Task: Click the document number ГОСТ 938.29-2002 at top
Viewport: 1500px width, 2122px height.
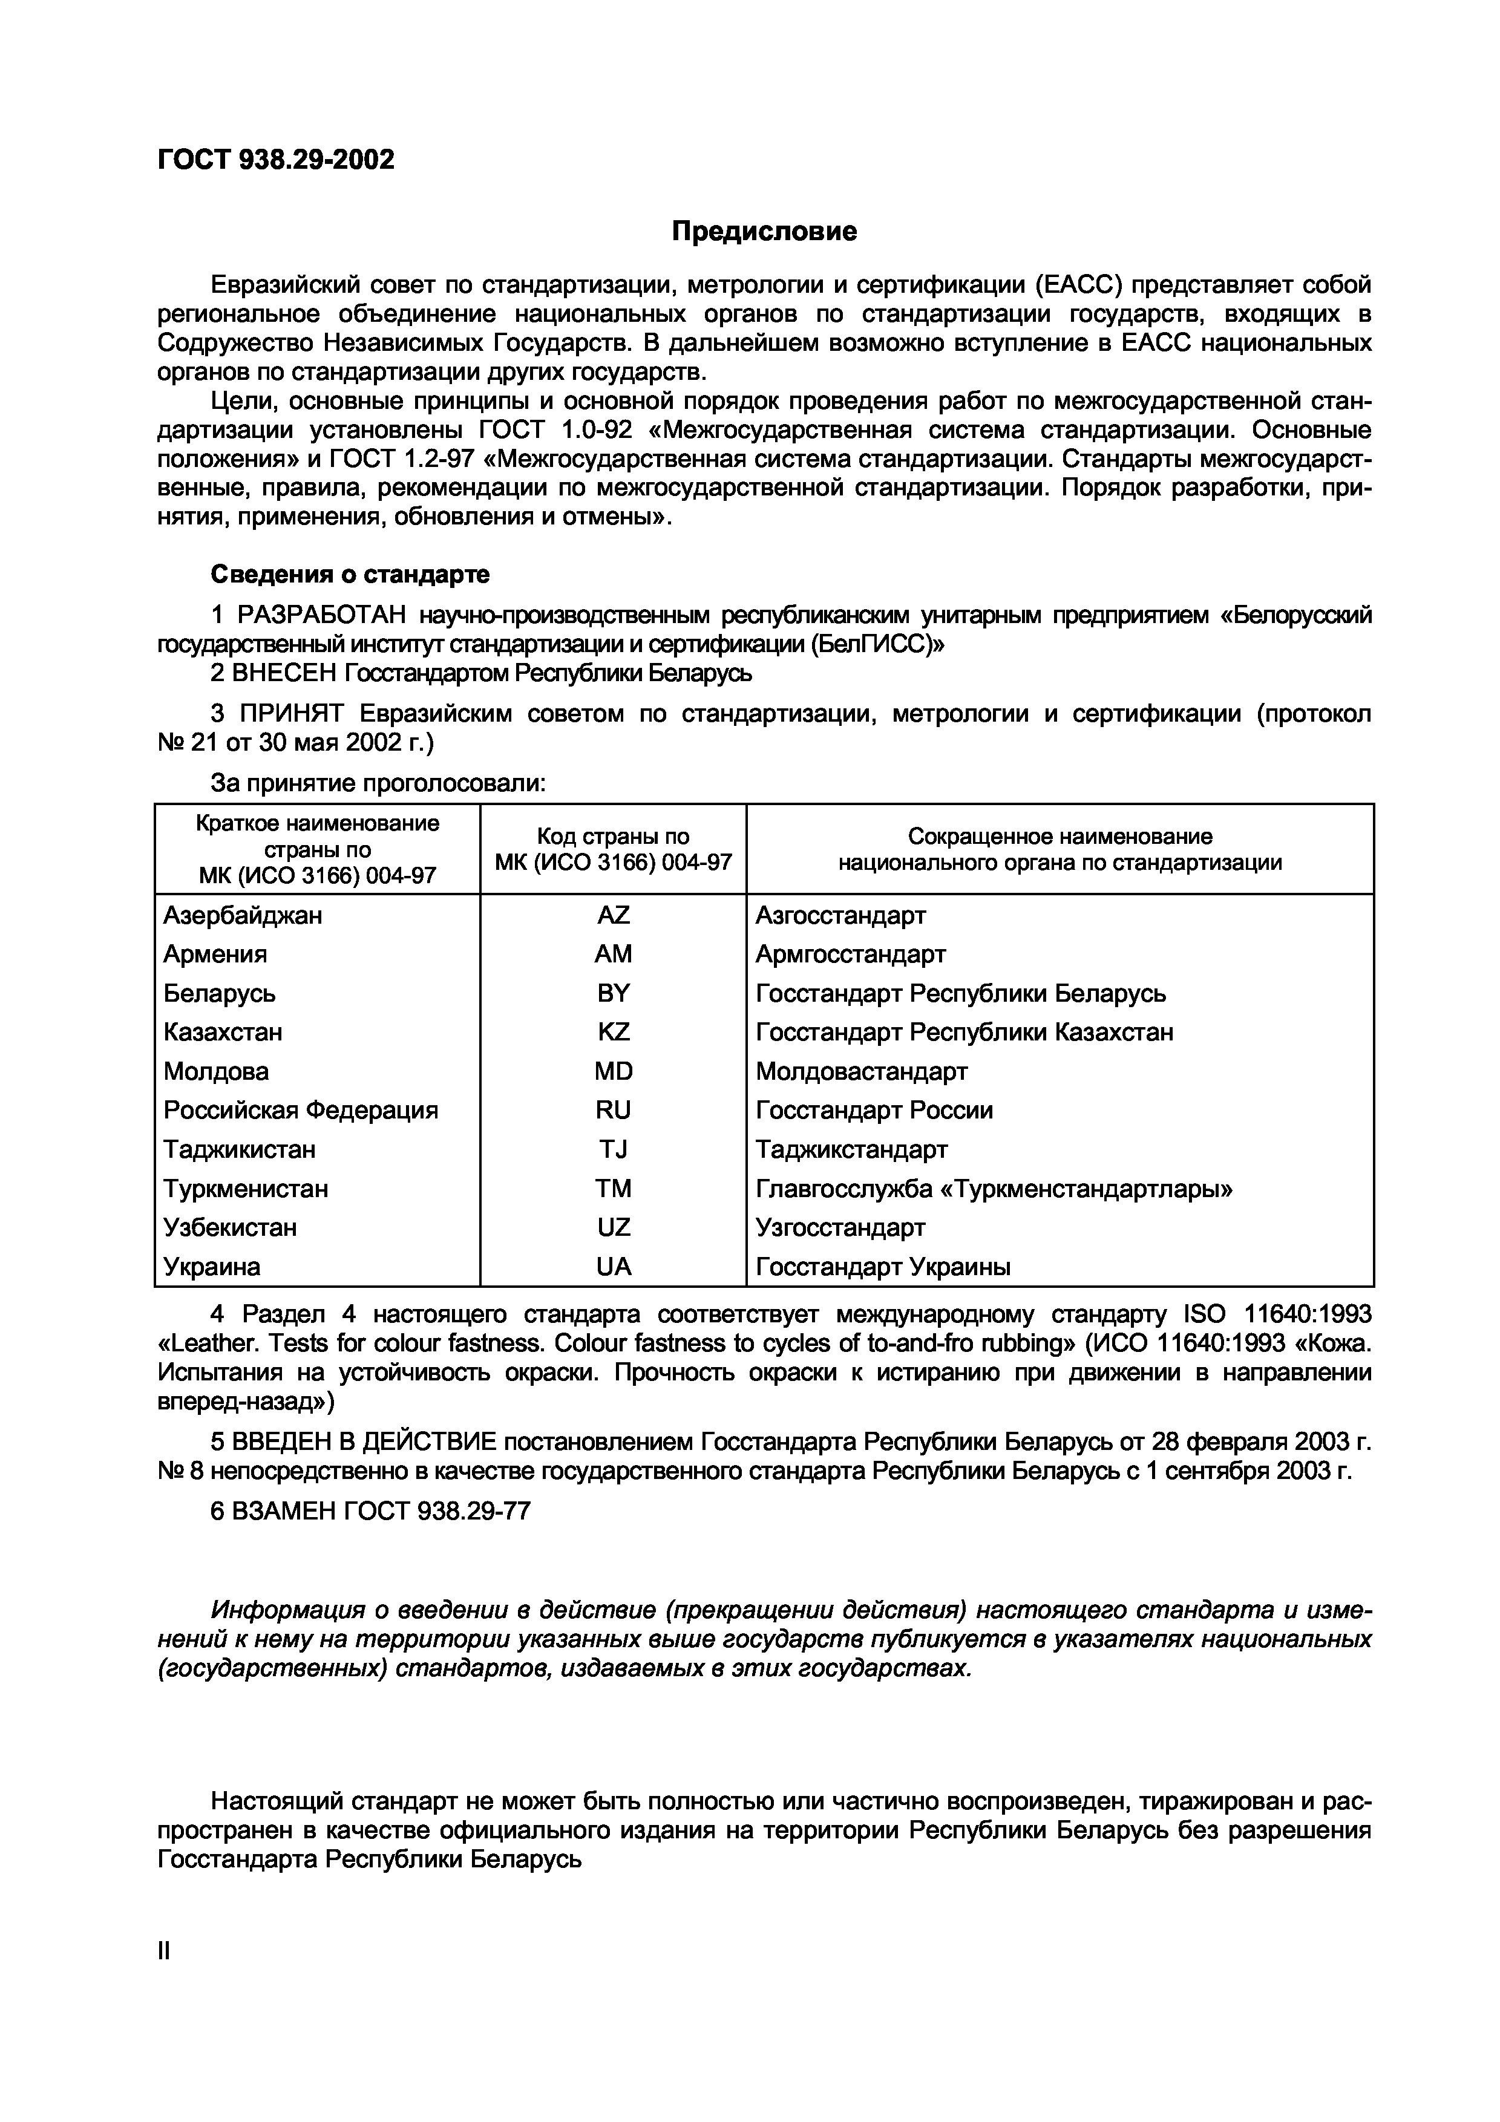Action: (x=275, y=160)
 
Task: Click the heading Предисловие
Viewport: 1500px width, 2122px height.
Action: (x=764, y=231)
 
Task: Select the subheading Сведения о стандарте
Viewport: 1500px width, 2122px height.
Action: (x=350, y=574)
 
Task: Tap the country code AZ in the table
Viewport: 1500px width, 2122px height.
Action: (x=613, y=915)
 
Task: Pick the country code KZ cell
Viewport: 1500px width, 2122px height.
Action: (x=613, y=1031)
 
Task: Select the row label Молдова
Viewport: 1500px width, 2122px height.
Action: (x=216, y=1071)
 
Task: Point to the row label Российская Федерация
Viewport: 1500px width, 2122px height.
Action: (x=300, y=1110)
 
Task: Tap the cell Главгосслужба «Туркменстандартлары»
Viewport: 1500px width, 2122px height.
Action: (x=994, y=1189)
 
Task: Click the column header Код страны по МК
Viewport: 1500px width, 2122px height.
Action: (x=613, y=849)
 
